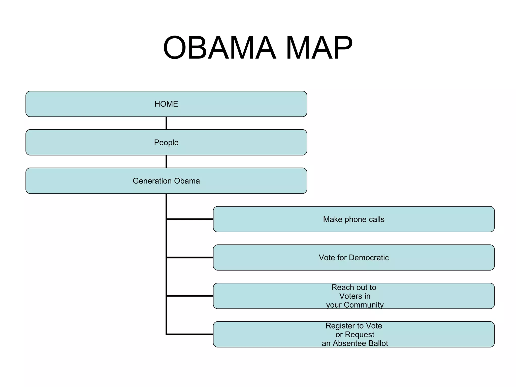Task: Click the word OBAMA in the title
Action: tap(219, 48)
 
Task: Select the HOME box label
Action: tap(166, 104)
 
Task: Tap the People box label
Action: tap(166, 143)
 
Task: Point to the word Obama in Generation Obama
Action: tap(187, 181)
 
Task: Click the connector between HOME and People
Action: tap(166, 123)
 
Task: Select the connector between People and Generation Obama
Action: tap(166, 162)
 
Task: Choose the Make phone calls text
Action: tap(354, 219)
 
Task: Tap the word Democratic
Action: tap(369, 257)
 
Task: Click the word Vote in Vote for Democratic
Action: tap(327, 257)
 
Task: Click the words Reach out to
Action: tap(354, 287)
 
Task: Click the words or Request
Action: tap(355, 335)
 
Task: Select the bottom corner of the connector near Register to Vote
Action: tap(167, 334)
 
